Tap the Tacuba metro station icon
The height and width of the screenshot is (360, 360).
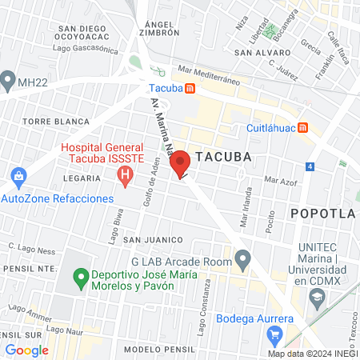click(189, 88)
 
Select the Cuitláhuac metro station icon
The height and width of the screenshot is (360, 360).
click(302, 127)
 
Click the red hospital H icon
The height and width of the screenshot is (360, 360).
click(123, 178)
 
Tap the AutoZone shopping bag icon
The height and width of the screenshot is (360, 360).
click(17, 174)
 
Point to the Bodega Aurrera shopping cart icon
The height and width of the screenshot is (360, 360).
click(276, 334)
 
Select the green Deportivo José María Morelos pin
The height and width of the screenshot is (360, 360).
click(80, 279)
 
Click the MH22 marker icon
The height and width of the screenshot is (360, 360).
click(9, 79)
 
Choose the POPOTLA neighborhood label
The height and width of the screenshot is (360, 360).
click(322, 214)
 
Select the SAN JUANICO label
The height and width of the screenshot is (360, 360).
click(149, 239)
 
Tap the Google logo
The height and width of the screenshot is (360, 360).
click(26, 350)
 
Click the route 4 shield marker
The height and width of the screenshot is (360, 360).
click(310, 166)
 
